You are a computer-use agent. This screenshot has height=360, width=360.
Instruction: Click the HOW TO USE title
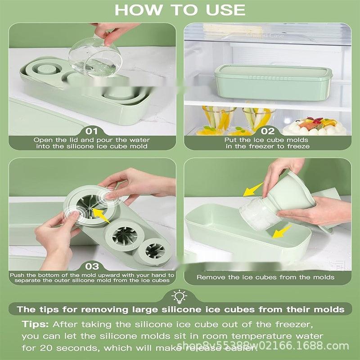tap(180, 9)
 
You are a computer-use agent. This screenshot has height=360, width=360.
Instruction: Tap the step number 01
tap(91, 131)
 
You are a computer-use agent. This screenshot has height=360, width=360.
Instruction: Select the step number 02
tap(268, 131)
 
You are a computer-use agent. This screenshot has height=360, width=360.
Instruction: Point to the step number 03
tap(91, 266)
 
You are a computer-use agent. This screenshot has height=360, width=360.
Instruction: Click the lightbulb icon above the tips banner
tap(180, 295)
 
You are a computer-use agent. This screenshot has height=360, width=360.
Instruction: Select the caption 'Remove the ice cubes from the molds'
tap(265, 277)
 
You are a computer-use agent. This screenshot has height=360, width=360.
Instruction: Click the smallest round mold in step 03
tap(155, 250)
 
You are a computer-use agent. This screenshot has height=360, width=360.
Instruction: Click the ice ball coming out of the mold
tap(256, 211)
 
